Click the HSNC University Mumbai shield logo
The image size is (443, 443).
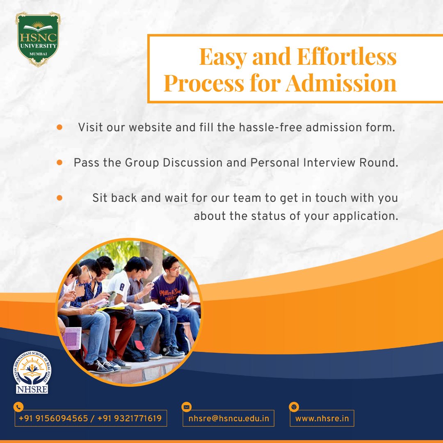(x=37, y=39)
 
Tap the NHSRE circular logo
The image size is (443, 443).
(x=32, y=372)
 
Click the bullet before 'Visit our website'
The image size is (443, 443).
(x=59, y=127)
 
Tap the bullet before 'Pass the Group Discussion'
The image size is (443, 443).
(x=59, y=162)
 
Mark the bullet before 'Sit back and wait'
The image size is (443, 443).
(x=59, y=198)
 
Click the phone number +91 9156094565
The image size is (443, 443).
(x=53, y=418)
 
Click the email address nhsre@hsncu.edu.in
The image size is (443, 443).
(x=228, y=418)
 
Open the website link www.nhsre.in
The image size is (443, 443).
(x=322, y=418)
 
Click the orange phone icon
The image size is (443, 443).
(x=18, y=407)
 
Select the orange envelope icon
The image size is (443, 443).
(x=187, y=407)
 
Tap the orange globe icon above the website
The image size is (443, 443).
(x=293, y=407)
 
